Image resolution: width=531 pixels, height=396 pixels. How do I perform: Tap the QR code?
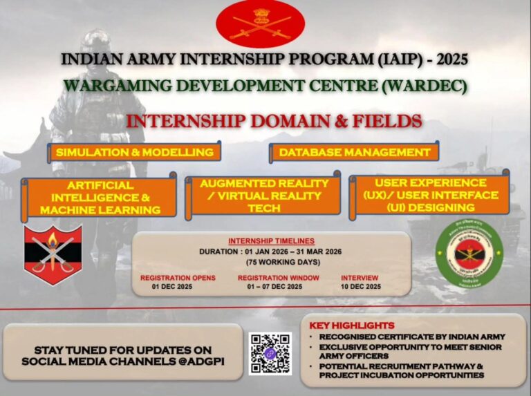270,353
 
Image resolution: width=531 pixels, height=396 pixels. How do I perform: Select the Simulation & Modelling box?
135,152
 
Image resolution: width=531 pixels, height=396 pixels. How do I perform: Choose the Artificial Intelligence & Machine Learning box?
100,198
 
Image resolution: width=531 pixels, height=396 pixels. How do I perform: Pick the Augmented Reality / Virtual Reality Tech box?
263,195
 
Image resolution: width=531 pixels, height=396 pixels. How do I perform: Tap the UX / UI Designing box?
430,195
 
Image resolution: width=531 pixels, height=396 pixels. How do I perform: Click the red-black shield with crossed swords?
53,254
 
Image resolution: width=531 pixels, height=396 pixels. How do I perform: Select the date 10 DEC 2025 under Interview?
360,286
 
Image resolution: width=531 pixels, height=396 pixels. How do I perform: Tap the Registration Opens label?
178,278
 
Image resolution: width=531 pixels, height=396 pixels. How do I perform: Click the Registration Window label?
278,278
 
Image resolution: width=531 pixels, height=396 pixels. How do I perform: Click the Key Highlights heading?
353,326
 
